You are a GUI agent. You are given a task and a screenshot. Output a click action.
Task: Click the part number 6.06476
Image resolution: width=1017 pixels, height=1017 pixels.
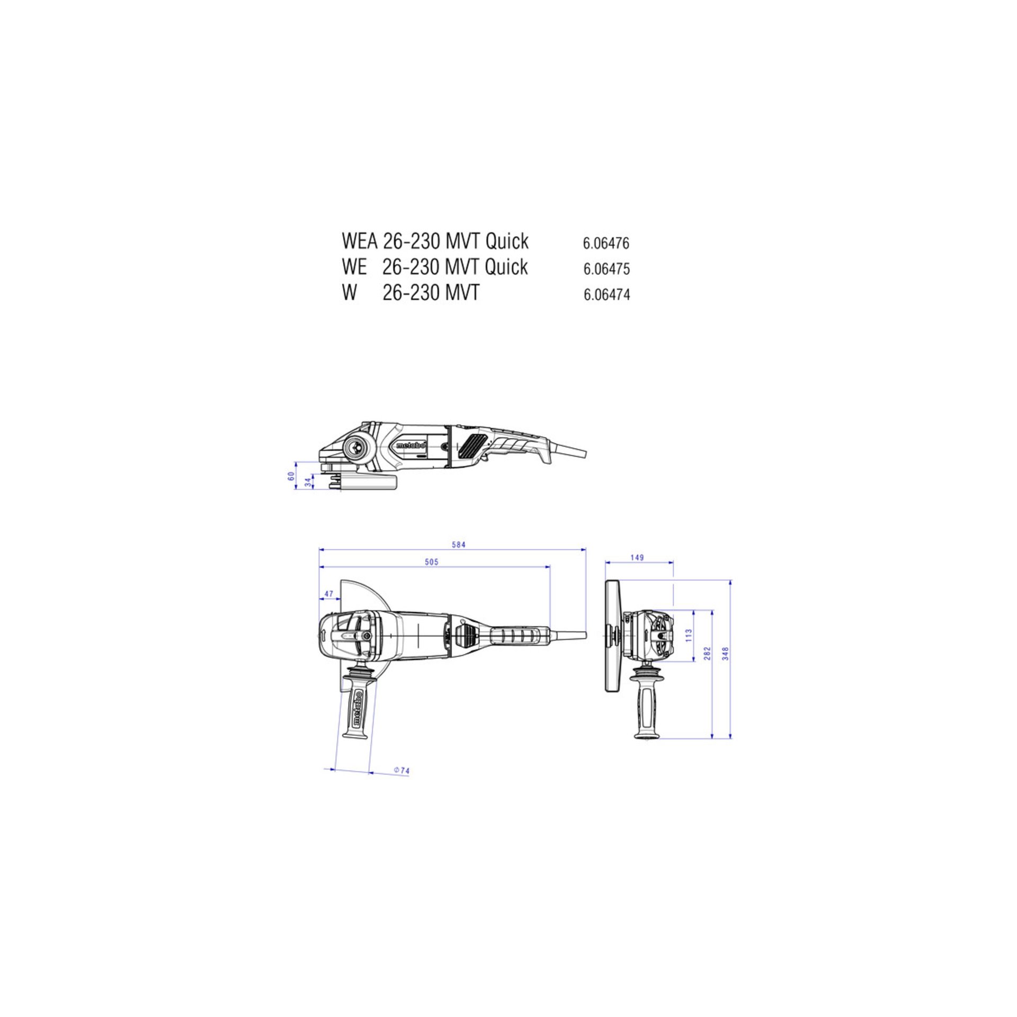606,243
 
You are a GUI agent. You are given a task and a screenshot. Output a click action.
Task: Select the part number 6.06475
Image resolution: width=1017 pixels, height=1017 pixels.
606,269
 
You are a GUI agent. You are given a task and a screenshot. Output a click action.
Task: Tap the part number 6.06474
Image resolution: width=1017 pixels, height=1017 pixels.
606,295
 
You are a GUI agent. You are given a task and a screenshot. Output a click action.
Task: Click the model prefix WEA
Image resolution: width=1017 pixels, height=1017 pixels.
359,241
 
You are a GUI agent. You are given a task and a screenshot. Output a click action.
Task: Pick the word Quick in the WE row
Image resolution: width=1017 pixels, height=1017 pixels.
506,266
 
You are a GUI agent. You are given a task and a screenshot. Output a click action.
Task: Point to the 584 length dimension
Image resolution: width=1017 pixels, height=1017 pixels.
458,545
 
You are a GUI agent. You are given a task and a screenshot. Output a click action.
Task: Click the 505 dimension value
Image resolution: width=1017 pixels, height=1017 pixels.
432,562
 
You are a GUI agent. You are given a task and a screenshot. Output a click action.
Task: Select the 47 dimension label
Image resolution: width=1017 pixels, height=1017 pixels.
329,593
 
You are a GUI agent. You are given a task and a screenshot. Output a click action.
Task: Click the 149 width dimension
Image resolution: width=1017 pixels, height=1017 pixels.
637,557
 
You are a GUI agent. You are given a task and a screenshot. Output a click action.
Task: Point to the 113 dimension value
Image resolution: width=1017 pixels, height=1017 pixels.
688,636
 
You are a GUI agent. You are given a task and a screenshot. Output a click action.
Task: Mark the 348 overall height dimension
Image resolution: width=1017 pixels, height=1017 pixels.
726,653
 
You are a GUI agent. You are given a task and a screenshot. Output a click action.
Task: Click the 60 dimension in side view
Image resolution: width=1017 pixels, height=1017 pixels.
291,476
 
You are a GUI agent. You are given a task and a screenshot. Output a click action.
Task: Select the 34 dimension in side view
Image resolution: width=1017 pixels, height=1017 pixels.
308,481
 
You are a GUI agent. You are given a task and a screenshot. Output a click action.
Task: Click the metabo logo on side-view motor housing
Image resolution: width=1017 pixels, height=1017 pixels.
412,445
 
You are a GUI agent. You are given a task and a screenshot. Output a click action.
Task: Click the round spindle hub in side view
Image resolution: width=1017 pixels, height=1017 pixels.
355,448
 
